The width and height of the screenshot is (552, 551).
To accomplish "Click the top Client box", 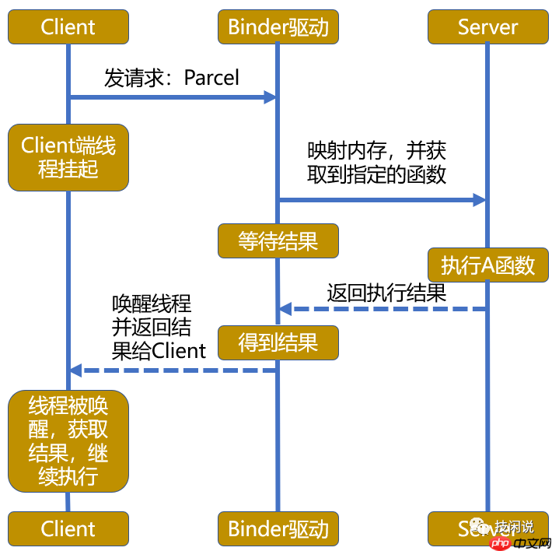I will coord(68,27).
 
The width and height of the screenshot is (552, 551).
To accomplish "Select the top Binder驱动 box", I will coord(278,27).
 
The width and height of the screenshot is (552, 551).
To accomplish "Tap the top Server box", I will coord(487,27).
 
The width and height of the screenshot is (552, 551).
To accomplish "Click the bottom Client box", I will coord(68,529).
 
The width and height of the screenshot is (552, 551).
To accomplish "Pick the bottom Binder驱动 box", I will coord(278,529).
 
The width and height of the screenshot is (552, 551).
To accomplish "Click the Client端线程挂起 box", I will coord(68,157).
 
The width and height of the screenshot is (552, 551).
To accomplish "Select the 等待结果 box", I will coord(278,240).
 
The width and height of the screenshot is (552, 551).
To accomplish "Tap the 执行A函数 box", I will coord(487,265).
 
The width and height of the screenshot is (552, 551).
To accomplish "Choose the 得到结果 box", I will coord(278,342).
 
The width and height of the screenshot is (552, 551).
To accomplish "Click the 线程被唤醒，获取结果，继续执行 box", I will coord(68,441).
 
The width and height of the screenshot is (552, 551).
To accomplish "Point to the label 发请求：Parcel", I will coord(172,78).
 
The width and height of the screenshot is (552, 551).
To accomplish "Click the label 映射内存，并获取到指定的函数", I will coord(376,162).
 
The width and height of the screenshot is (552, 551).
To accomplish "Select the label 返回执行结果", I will coord(386,293).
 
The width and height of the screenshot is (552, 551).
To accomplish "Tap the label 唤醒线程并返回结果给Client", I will coord(159,327).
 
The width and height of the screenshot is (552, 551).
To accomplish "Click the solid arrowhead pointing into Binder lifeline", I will coord(271,97).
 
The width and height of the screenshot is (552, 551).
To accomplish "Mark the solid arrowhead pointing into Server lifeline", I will coord(480,200).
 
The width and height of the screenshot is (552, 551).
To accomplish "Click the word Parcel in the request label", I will coord(211,78).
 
